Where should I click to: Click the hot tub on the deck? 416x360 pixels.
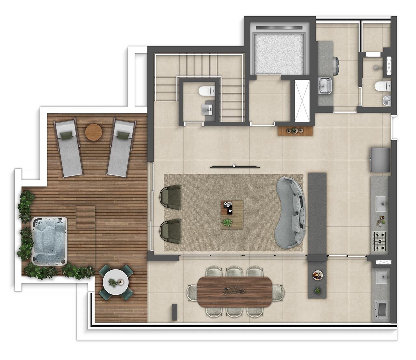click(49, 242)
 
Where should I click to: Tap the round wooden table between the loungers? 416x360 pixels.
click(94, 132)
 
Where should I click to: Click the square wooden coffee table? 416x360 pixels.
click(232, 215)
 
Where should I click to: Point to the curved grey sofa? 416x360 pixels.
click(291, 213)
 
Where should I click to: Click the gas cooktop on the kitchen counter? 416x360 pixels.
click(380, 241)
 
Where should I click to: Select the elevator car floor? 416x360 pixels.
click(279, 54)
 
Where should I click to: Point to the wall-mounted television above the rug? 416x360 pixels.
click(235, 167)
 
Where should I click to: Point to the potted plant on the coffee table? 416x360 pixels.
click(227, 222)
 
